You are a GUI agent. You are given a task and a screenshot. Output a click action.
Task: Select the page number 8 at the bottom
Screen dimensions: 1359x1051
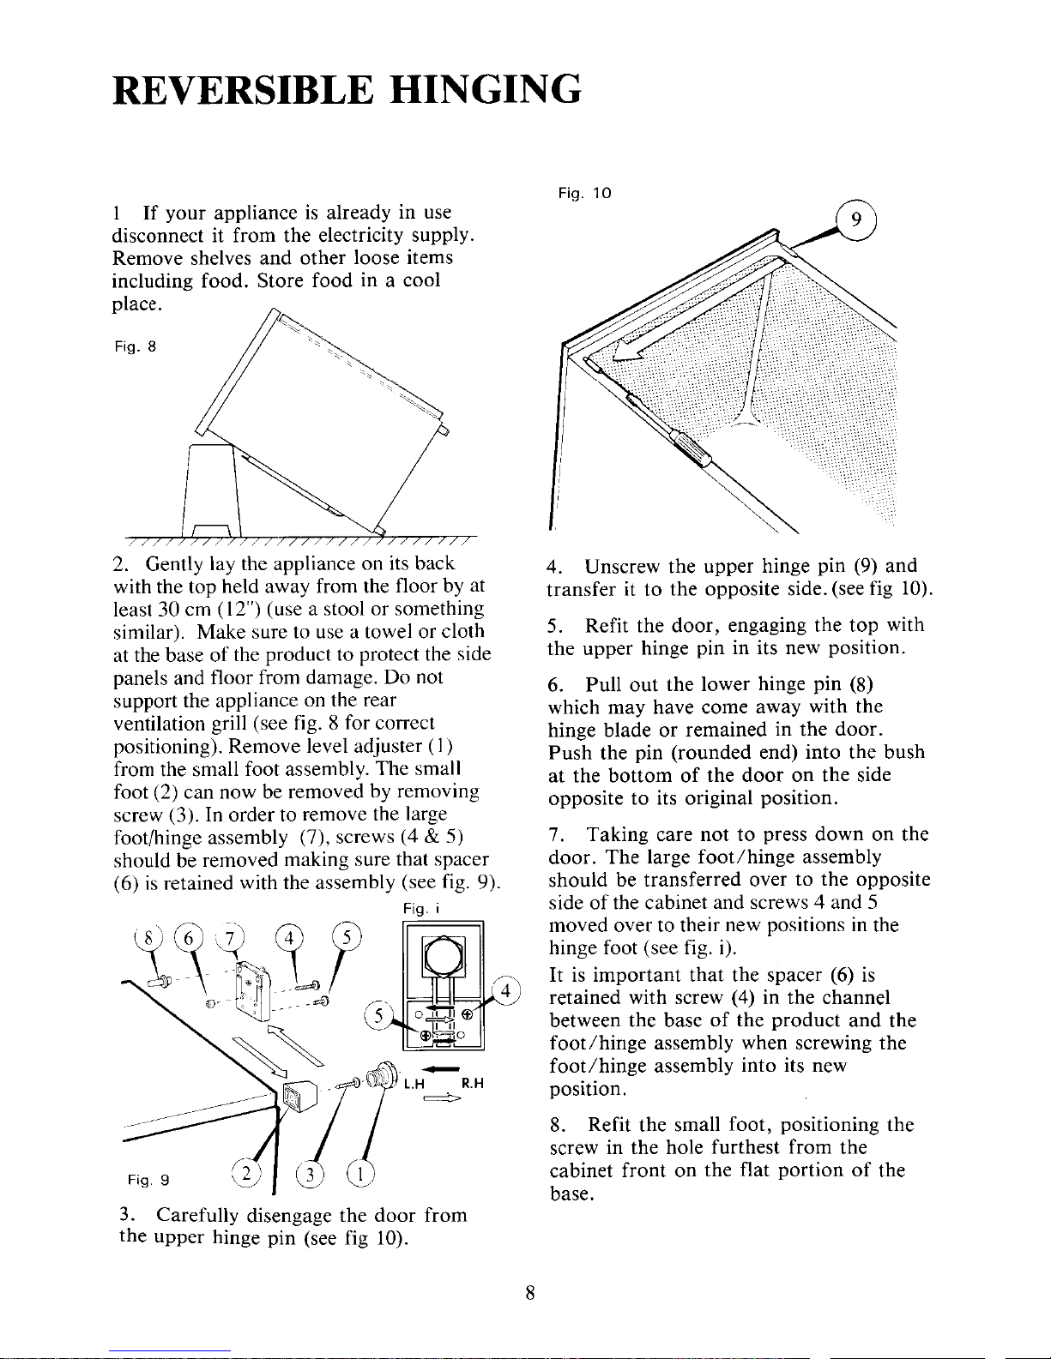click(x=531, y=1295)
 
